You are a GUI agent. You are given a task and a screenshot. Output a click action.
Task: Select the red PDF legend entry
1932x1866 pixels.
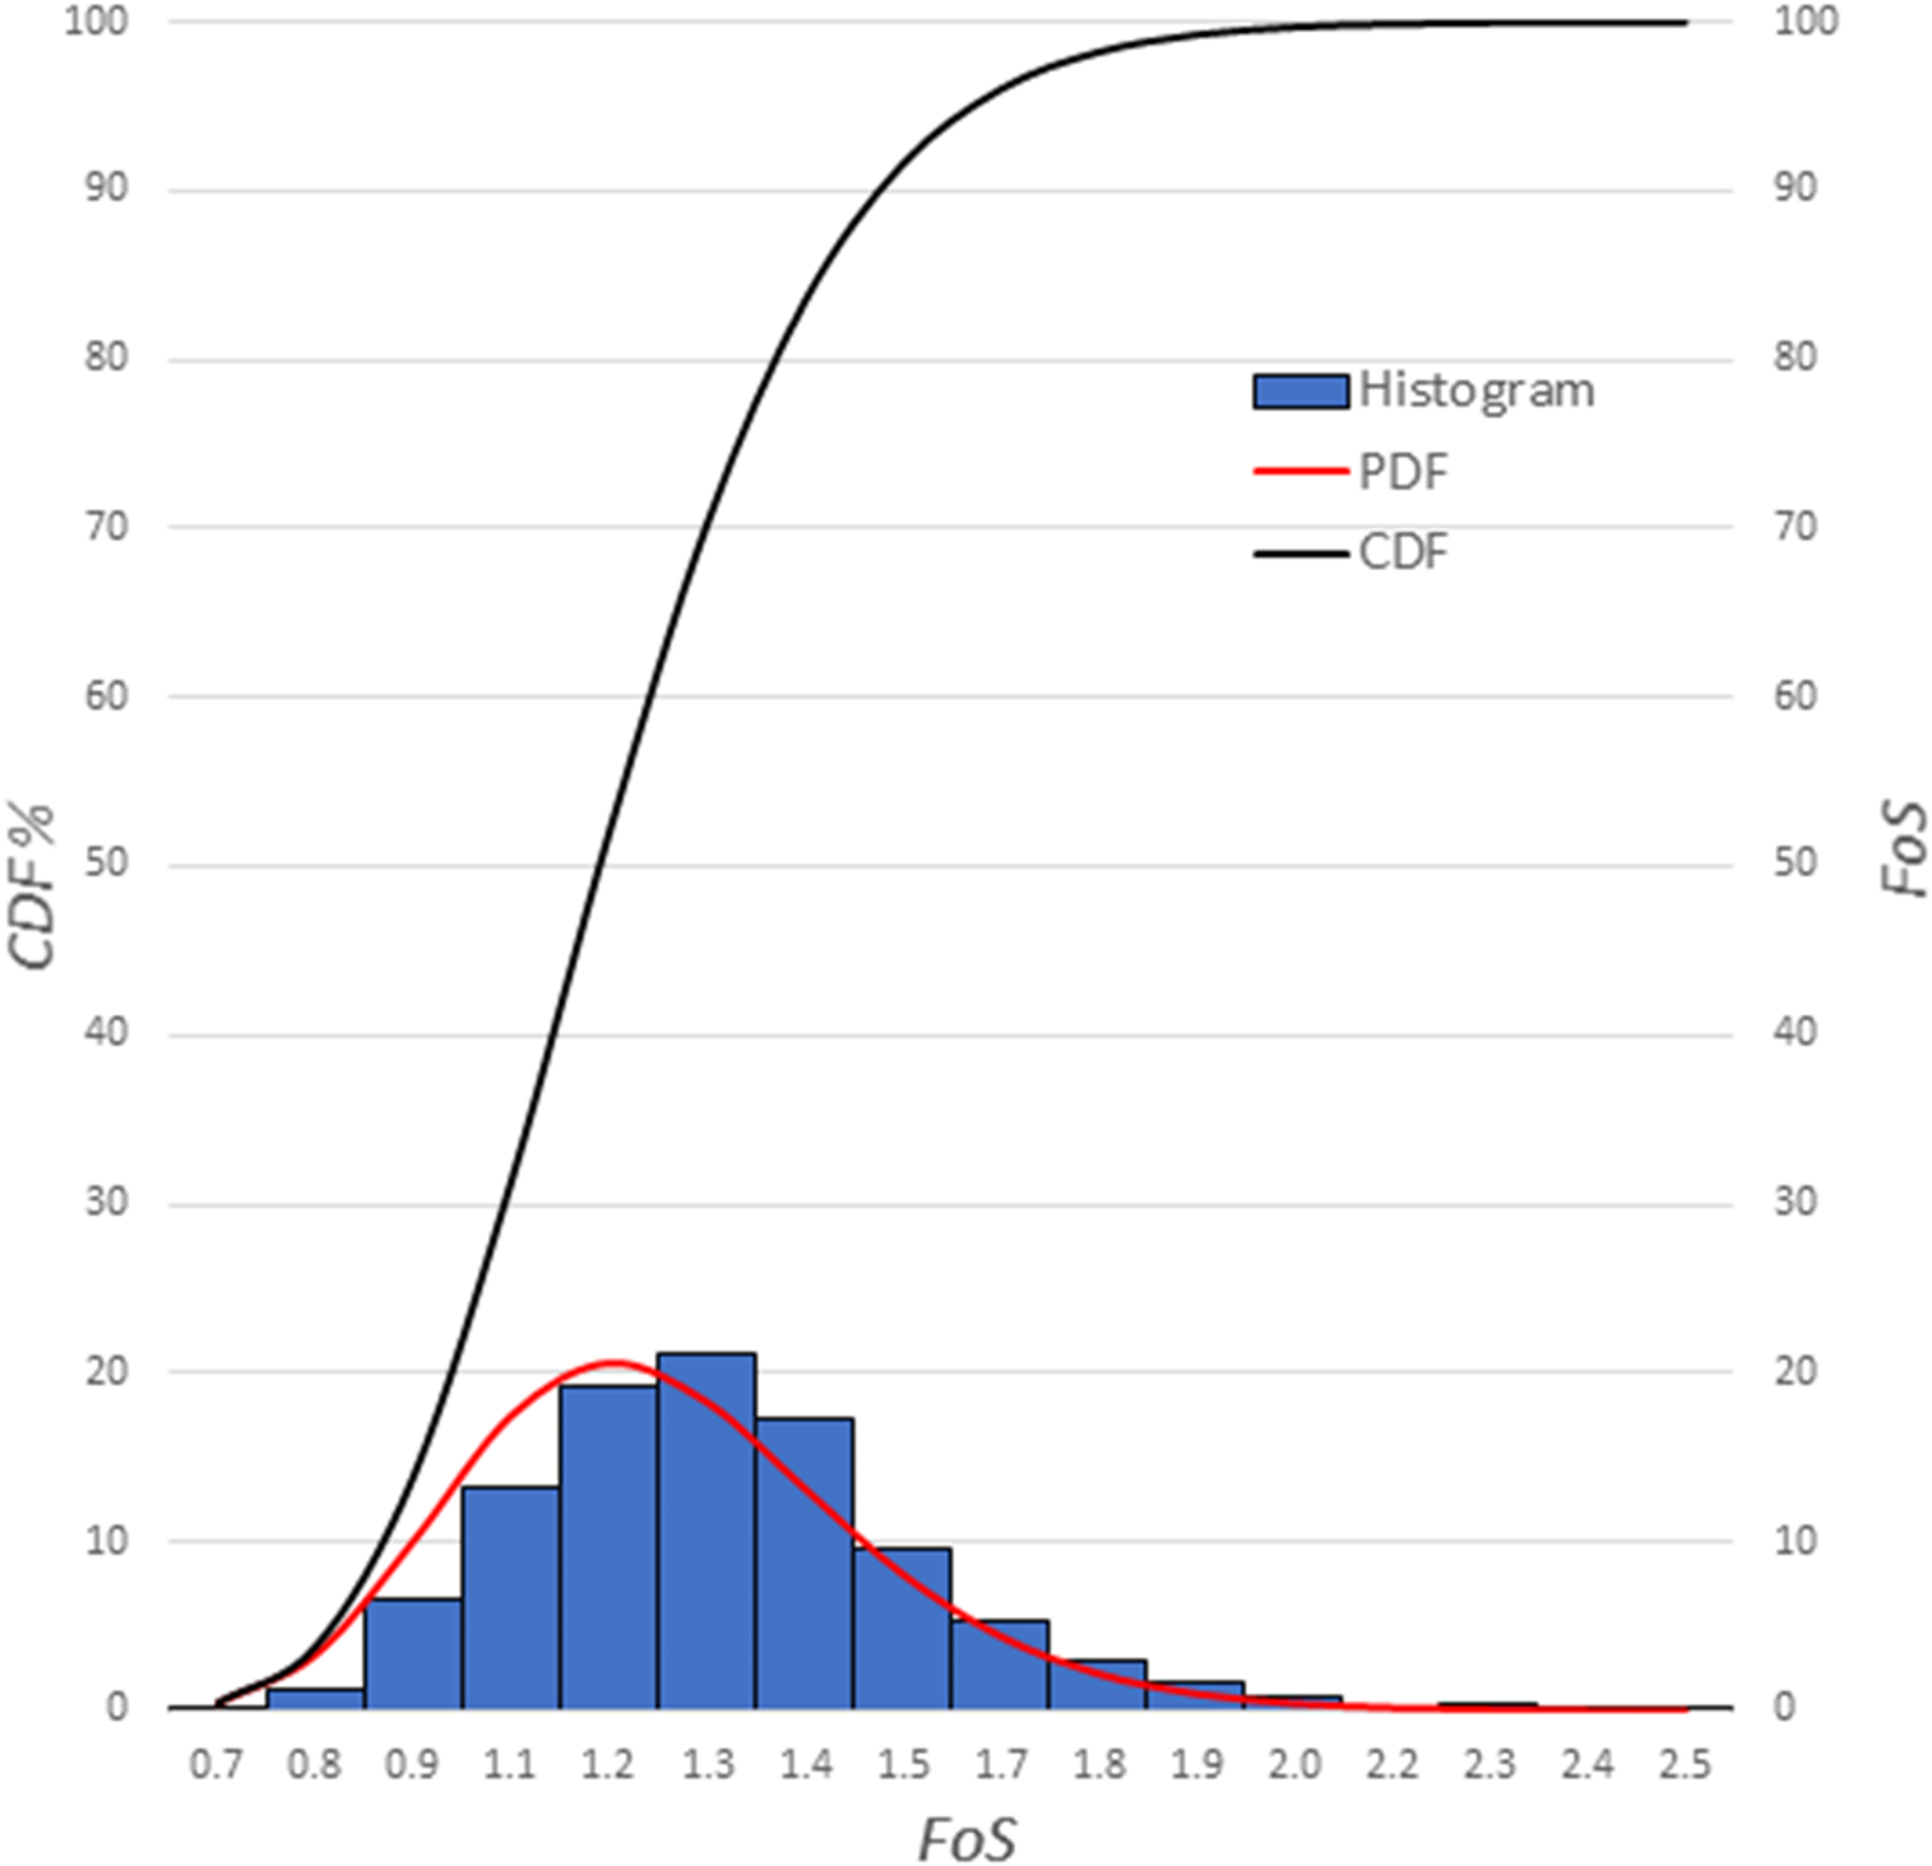(1350, 473)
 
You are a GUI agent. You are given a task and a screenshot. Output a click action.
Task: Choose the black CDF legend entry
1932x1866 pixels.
(1350, 553)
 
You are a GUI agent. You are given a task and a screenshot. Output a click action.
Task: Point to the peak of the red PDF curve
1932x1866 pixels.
(611, 1364)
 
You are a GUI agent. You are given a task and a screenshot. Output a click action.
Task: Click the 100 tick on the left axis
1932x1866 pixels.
(96, 22)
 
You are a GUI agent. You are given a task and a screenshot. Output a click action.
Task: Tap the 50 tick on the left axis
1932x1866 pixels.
(107, 864)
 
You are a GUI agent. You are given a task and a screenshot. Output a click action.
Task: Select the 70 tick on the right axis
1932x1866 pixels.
(1795, 526)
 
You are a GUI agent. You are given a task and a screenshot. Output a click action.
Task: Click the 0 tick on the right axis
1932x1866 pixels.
(1785, 1708)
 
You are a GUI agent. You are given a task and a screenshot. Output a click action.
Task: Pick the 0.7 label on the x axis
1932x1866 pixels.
(216, 1766)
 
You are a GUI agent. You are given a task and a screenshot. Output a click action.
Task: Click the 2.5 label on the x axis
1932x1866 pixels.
(1685, 1766)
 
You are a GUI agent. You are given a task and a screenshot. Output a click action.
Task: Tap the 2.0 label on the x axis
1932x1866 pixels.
(1293, 1766)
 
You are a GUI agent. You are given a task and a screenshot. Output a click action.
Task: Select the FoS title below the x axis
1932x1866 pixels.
(966, 1838)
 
